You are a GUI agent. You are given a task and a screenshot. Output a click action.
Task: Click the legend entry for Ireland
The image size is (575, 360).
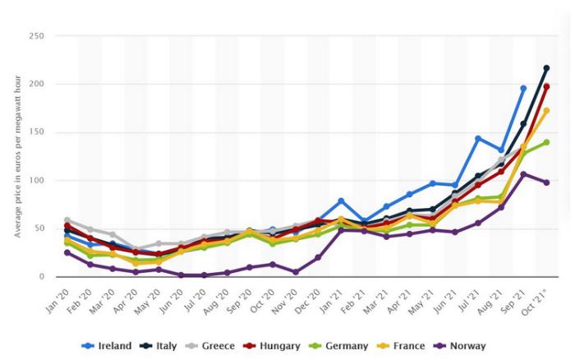click(x=106, y=346)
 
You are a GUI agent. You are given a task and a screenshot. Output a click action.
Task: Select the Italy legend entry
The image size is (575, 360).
click(x=159, y=346)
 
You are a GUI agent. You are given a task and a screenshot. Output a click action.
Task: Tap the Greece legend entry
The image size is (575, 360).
click(x=210, y=346)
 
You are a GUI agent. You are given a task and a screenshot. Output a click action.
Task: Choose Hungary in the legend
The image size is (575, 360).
click(x=272, y=346)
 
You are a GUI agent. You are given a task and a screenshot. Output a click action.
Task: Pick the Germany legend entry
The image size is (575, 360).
click(x=338, y=346)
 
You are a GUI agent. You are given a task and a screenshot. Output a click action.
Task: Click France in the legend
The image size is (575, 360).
click(x=401, y=346)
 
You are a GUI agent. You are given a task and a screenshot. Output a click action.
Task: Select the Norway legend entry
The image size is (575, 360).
click(x=459, y=346)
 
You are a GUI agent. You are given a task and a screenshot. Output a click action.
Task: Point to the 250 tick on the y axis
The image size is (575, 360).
click(x=37, y=36)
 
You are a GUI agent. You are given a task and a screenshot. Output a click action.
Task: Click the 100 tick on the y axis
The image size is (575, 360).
click(x=37, y=181)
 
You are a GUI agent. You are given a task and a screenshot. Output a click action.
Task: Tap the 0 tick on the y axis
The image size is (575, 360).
click(x=42, y=277)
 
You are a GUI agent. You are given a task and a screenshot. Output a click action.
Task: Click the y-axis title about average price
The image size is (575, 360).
click(x=17, y=157)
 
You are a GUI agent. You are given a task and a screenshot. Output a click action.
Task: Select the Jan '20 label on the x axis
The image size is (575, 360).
click(x=57, y=301)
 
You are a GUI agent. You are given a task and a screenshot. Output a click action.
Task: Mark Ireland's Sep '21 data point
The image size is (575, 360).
click(x=523, y=89)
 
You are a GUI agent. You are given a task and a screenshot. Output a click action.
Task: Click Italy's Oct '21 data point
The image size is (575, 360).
click(x=546, y=68)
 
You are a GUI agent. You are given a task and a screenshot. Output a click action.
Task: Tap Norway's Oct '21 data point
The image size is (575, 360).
click(x=546, y=182)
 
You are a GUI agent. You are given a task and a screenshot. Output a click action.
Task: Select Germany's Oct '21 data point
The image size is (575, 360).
click(x=546, y=142)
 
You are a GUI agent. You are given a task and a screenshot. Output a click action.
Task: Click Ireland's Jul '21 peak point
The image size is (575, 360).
click(x=478, y=138)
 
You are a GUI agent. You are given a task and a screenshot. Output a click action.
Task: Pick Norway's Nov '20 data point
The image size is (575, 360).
click(x=296, y=272)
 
